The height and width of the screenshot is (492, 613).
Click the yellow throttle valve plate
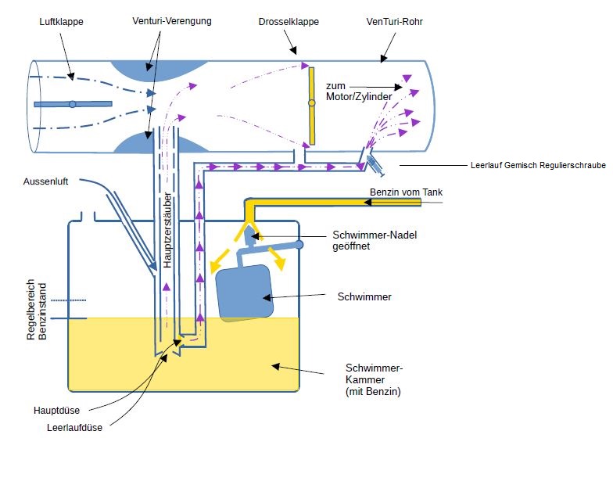(311, 106)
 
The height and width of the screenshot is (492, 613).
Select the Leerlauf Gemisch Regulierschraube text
(538, 165)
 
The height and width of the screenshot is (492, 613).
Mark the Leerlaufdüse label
(73, 427)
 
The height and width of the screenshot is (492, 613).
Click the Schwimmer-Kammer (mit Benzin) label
(374, 379)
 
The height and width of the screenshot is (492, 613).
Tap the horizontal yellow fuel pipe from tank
(336, 203)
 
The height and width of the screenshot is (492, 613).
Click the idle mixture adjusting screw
(375, 164)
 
